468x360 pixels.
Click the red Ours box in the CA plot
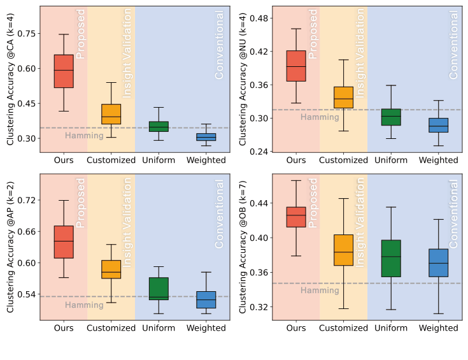click(64, 71)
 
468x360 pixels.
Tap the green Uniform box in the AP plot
click(159, 289)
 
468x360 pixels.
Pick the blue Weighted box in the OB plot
click(438, 263)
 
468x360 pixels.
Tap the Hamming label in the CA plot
click(84, 136)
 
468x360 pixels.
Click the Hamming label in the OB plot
click(320, 291)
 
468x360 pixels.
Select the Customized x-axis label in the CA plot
click(111, 160)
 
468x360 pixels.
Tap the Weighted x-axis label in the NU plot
click(438, 160)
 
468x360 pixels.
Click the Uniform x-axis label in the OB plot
click(391, 328)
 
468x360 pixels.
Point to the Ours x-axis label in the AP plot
click(64, 328)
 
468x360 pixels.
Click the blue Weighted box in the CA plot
click(206, 136)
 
